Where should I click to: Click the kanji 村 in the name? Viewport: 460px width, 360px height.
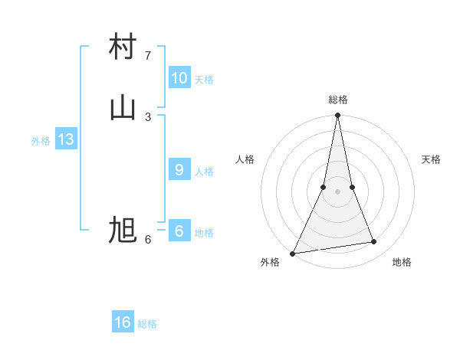tap(123, 47)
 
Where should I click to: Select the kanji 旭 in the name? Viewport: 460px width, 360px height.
tap(123, 230)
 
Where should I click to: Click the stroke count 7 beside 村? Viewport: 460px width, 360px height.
tap(148, 56)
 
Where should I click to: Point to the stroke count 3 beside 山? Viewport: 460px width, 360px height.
tap(148, 116)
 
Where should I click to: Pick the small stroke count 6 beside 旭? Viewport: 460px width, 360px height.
tap(148, 240)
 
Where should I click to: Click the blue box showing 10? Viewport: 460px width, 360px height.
tap(179, 78)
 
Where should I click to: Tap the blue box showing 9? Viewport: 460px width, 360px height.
tap(179, 170)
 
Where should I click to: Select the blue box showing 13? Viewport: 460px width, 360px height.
tap(65, 139)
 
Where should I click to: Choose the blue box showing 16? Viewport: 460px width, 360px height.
tap(123, 322)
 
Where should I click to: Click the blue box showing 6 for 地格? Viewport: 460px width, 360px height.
tap(179, 231)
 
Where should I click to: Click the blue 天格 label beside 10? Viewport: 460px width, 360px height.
tap(204, 80)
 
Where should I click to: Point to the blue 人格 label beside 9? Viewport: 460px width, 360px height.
tap(204, 172)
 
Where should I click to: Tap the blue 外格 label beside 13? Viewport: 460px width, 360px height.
tap(41, 141)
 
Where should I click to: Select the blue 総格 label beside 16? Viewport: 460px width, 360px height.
tap(147, 324)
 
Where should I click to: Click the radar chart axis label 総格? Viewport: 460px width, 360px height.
tap(337, 100)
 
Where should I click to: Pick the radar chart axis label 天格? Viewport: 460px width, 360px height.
tap(431, 159)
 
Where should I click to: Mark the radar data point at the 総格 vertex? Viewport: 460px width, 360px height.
tap(337, 116)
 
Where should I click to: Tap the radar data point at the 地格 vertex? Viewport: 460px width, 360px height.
tap(374, 242)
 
